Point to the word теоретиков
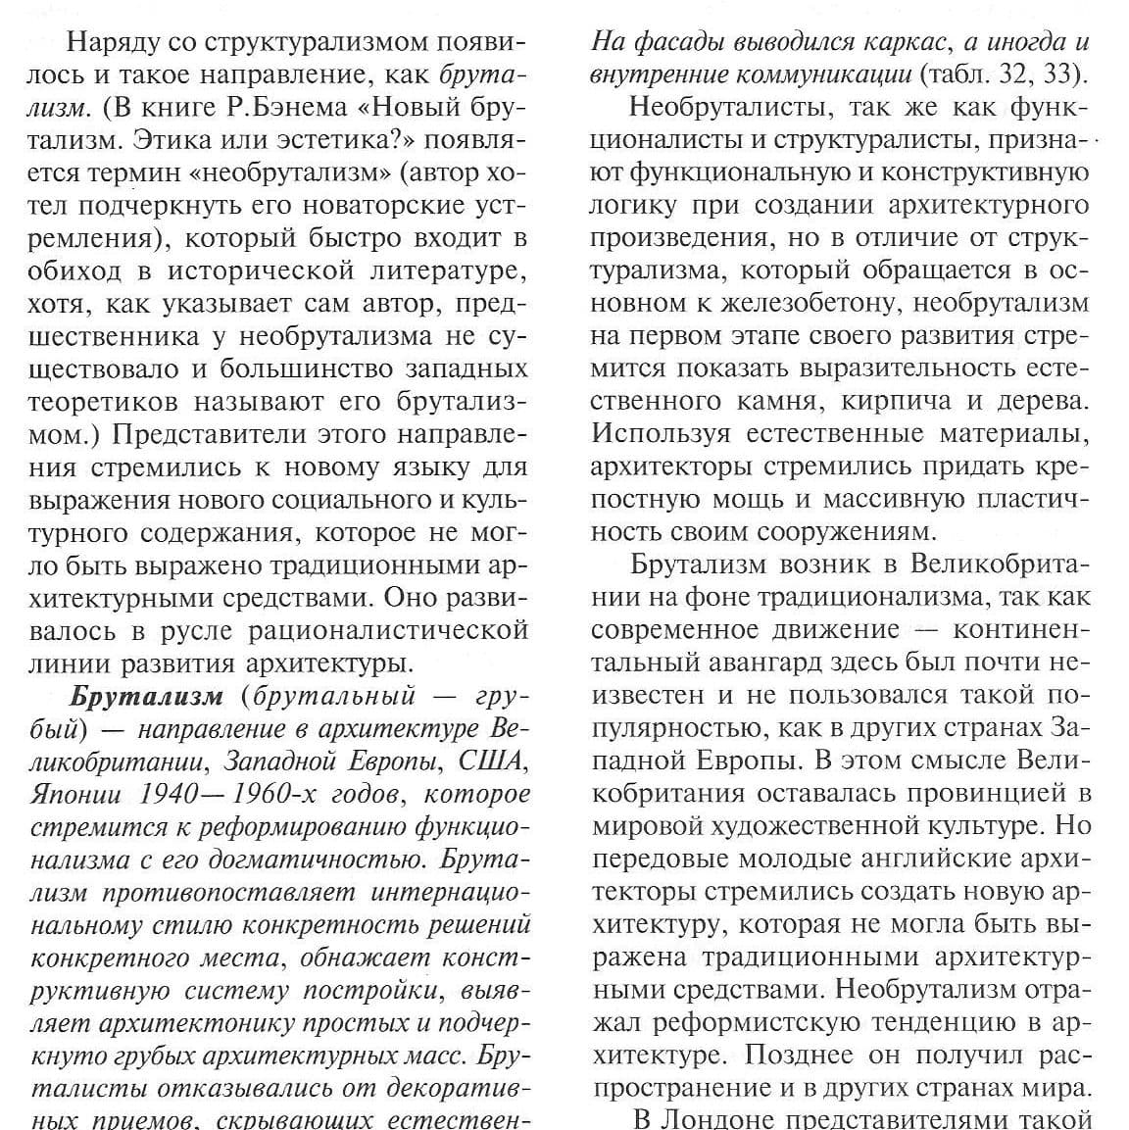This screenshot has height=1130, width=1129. click(105, 402)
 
